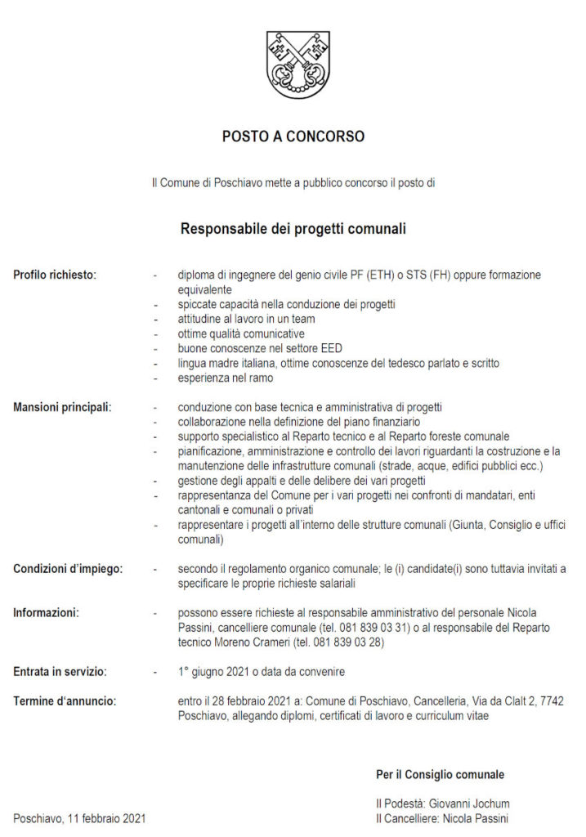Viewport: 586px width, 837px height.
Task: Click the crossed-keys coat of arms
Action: coord(297,65)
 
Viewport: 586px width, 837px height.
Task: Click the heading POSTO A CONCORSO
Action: coord(293,137)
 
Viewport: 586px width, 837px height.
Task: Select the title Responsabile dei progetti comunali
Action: coord(293,229)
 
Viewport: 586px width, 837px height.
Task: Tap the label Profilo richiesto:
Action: coord(55,275)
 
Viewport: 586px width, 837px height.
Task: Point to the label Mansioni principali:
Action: coord(62,407)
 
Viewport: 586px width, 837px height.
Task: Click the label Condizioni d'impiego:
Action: coord(68,569)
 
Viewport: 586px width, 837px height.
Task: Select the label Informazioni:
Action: coord(47,613)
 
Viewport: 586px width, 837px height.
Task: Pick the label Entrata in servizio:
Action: coord(60,672)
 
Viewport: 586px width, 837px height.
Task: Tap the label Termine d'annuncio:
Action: coord(65,701)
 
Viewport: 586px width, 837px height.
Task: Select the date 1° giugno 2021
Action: coord(216,672)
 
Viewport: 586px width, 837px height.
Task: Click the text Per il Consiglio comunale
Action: coord(440,774)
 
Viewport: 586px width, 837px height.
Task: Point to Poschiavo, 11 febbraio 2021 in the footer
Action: coord(79,818)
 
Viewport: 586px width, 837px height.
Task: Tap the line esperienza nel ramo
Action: coord(226,378)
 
